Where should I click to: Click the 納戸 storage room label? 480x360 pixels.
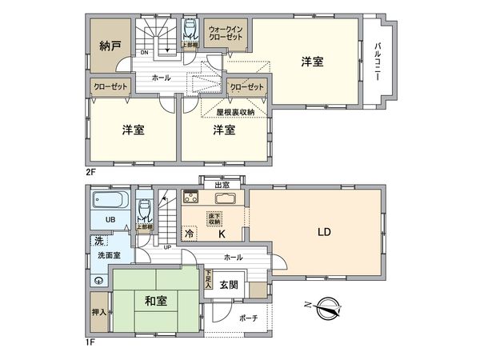pyautogui.click(x=110, y=46)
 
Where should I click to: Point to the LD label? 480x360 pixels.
pyautogui.click(x=324, y=233)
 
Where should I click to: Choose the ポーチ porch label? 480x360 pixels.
pyautogui.click(x=248, y=318)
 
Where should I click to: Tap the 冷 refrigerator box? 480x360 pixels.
pyautogui.click(x=189, y=234)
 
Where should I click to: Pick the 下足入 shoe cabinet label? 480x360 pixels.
pyautogui.click(x=208, y=280)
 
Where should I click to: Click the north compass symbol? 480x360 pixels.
pyautogui.click(x=329, y=306)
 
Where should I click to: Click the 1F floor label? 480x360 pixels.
pyautogui.click(x=90, y=343)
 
